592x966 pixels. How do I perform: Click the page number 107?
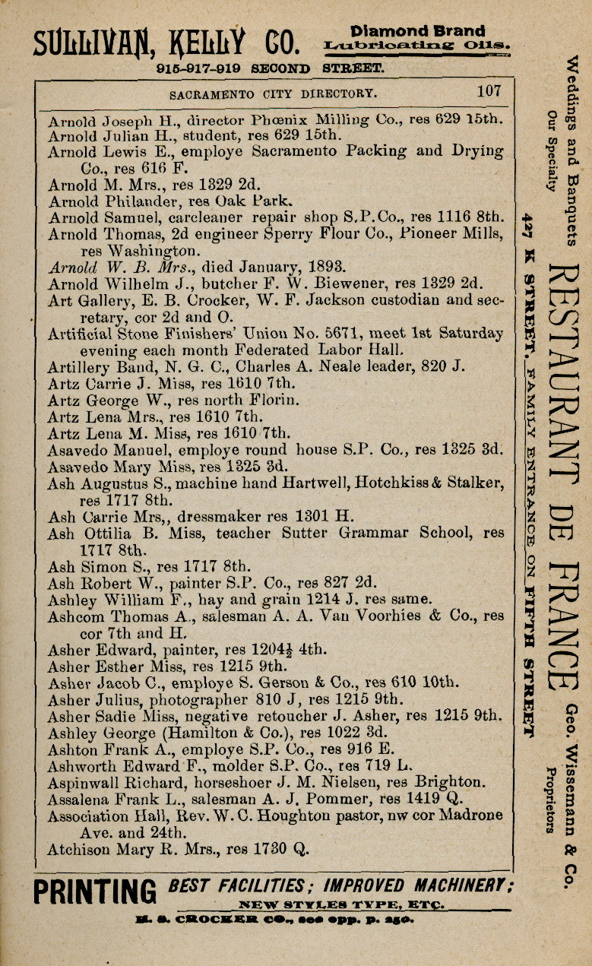489,92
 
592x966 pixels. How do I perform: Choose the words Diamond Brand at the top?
417,32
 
